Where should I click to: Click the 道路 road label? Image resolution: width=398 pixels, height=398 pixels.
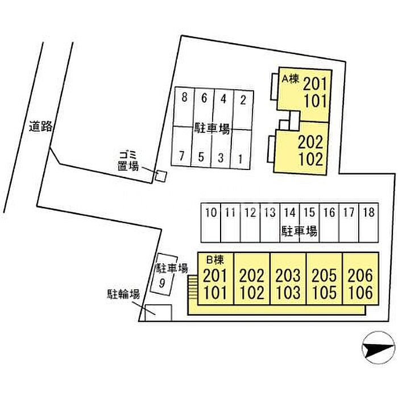point(40,126)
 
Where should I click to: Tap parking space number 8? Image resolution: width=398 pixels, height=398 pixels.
point(184,107)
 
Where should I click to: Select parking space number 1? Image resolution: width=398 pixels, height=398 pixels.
point(240,149)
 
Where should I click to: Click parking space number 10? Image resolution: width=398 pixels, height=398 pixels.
point(211,222)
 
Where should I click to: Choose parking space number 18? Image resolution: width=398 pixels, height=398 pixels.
point(368,222)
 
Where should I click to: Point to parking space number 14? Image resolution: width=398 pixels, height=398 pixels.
point(289,222)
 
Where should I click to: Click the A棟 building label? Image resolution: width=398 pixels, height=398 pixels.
point(291,79)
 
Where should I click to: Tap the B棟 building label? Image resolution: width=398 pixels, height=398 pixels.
point(215,260)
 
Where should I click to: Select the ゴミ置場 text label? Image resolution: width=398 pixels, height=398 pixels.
point(128,160)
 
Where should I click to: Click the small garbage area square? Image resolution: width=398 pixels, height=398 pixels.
point(161,176)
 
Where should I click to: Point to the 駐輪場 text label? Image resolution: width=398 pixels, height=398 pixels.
point(123,295)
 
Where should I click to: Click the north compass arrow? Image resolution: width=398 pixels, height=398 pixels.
point(378,348)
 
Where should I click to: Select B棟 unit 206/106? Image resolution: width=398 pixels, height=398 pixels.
point(360,279)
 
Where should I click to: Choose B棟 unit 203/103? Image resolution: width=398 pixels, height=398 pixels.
point(288,279)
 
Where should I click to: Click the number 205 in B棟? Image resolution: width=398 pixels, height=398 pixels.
point(324,275)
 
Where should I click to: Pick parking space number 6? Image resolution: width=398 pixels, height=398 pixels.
point(204,107)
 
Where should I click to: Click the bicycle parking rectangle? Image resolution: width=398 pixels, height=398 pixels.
point(159,313)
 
